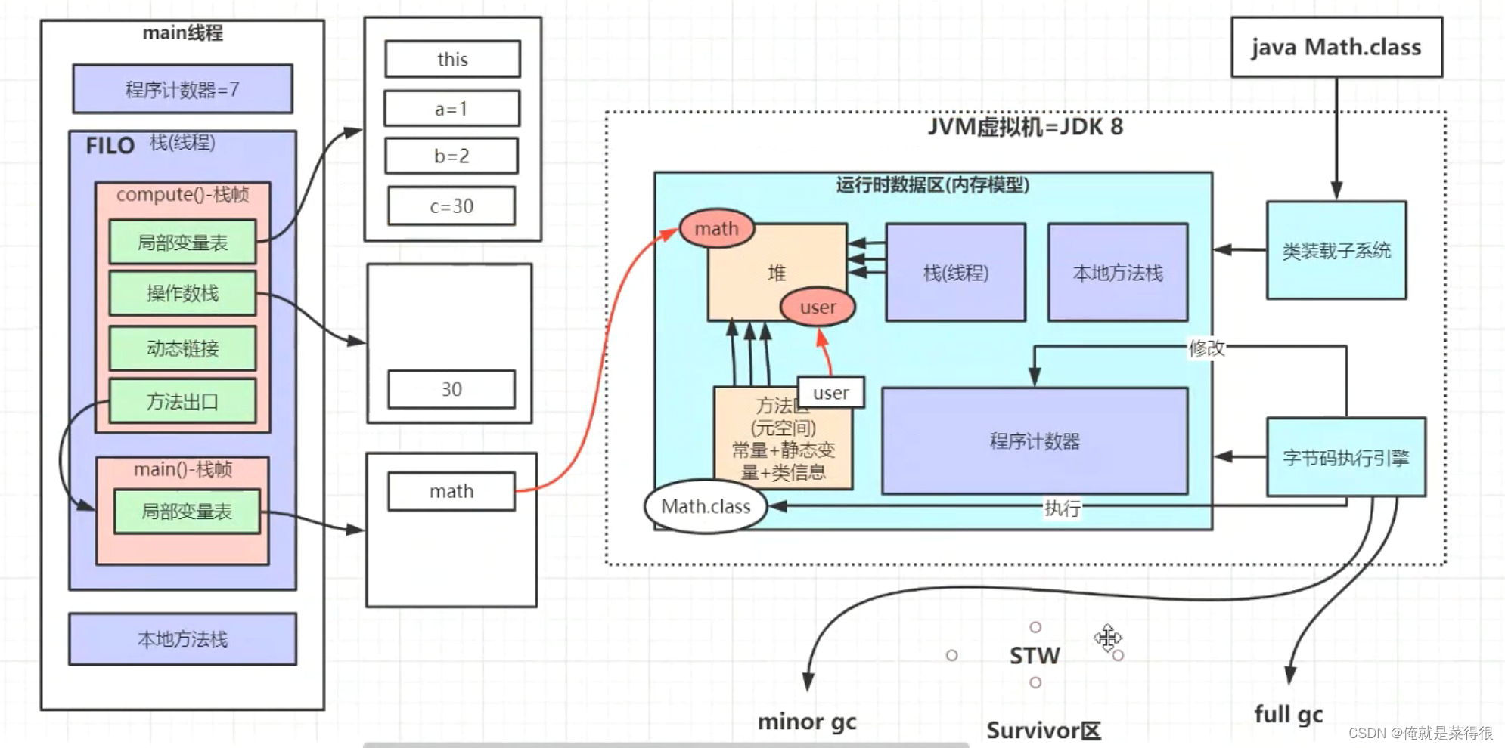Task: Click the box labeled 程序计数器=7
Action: (182, 89)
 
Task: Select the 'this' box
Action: (452, 59)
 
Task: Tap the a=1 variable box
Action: (451, 109)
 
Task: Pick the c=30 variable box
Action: (451, 206)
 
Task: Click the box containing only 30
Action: (451, 389)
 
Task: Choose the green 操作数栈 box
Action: (182, 293)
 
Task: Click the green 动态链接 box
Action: (182, 348)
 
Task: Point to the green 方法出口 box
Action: (182, 401)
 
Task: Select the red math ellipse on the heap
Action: (716, 228)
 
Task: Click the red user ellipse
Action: (818, 307)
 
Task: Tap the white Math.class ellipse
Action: (706, 506)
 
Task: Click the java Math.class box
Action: (1336, 47)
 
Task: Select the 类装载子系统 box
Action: (1336, 250)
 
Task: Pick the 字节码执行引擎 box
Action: (1345, 457)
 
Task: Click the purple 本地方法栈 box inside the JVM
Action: (1117, 273)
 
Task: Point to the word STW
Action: (1035, 655)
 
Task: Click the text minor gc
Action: (807, 722)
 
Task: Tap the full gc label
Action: (1288, 714)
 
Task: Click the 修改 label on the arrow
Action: (1206, 348)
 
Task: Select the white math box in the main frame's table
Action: (451, 491)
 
